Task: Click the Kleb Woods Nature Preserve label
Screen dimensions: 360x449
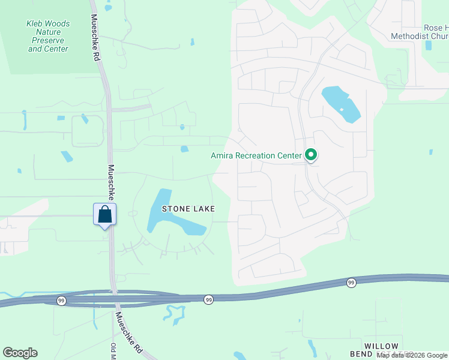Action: [x=48, y=36]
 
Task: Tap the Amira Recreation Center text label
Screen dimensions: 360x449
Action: [x=256, y=156]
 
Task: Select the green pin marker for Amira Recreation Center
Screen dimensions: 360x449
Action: [x=311, y=155]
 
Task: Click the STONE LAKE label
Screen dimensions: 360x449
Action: [x=188, y=208]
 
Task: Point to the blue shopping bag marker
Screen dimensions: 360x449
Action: [x=104, y=214]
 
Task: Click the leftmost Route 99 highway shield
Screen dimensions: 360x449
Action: [x=61, y=299]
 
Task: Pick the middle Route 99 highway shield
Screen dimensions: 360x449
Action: [x=208, y=299]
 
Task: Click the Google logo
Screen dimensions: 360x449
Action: [x=20, y=353]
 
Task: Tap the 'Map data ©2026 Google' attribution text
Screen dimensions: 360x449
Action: [x=412, y=355]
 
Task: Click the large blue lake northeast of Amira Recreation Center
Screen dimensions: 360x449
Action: [x=340, y=104]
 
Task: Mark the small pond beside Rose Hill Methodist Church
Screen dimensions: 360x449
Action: [x=428, y=45]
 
